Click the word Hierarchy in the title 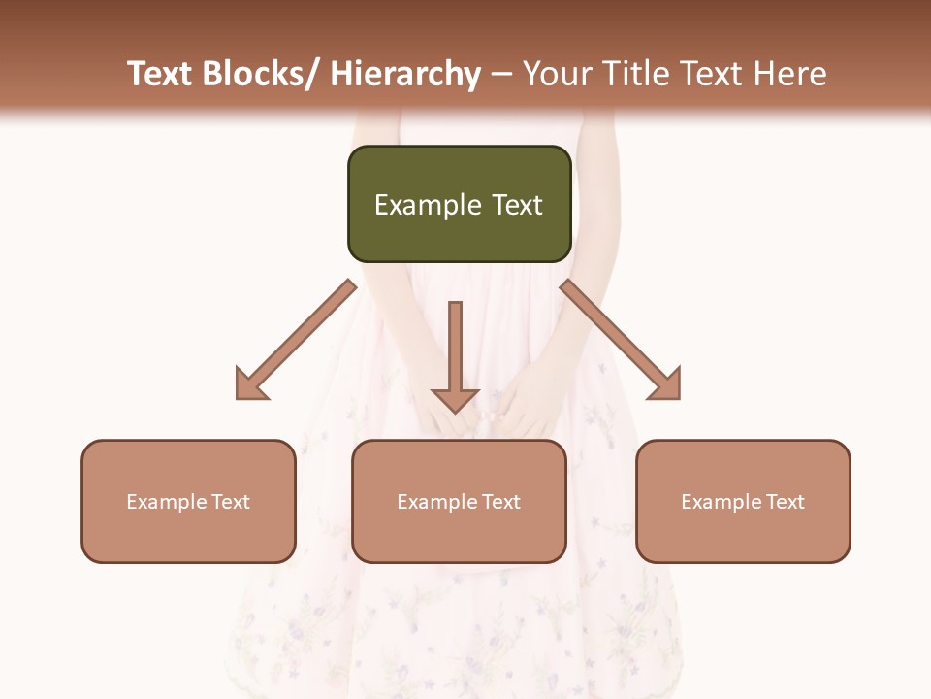coord(405,74)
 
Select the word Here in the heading coord(790,74)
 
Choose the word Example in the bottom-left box coord(167,502)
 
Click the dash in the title coord(501,74)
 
